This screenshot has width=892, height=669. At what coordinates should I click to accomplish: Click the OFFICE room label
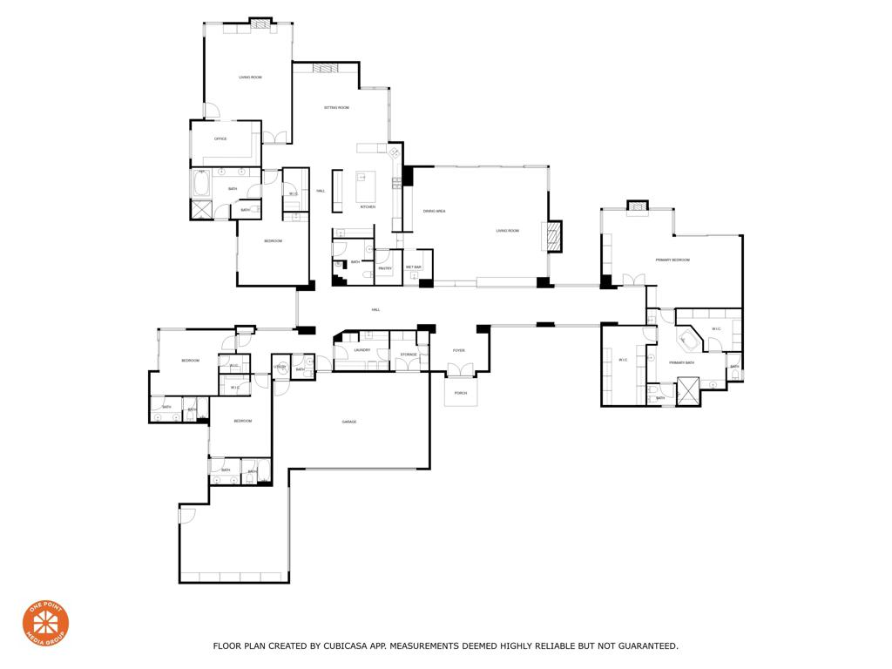click(x=220, y=139)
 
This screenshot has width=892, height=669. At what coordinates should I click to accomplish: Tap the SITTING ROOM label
click(x=336, y=107)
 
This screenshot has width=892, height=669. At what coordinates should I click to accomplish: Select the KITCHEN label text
click(x=368, y=206)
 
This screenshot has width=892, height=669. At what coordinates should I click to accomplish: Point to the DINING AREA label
click(x=435, y=211)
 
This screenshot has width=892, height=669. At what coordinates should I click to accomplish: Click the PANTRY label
click(x=385, y=268)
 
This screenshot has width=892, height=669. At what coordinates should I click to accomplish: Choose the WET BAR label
click(x=413, y=267)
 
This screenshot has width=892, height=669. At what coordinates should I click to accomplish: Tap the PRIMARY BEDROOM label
click(x=672, y=260)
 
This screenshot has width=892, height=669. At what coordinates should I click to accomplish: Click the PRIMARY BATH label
click(x=681, y=362)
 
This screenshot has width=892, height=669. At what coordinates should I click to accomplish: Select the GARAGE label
click(x=348, y=422)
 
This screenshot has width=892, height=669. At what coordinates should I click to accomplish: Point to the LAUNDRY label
click(x=362, y=350)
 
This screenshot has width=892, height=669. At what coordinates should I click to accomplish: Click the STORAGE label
click(x=409, y=355)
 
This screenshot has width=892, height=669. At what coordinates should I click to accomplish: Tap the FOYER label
click(x=458, y=350)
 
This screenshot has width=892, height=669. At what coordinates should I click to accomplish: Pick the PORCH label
click(x=460, y=393)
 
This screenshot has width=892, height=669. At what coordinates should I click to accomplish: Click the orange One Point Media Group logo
click(x=45, y=623)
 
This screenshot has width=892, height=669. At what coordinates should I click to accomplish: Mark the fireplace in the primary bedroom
click(x=638, y=206)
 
